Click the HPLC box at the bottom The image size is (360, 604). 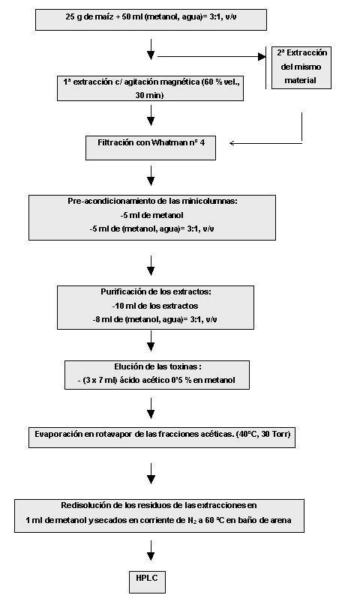tap(147, 582)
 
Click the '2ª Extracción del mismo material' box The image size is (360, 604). tap(301, 67)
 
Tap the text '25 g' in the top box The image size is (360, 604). tap(73, 17)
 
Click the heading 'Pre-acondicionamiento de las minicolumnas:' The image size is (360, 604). tap(153, 201)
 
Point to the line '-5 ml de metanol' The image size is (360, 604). tap(151, 215)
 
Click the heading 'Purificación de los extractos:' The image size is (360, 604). tap(156, 292)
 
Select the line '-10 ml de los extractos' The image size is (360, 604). tap(155, 306)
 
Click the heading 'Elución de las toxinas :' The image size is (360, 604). tap(158, 366)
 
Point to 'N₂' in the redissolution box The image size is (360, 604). tap(192, 520)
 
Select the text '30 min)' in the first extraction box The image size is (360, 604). tap(149, 95)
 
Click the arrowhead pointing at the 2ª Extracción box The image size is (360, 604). tap(262, 57)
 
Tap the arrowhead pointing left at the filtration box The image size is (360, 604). tap(232, 143)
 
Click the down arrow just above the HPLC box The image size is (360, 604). tap(151, 551)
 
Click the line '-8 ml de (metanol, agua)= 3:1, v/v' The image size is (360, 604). tap(155, 320)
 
